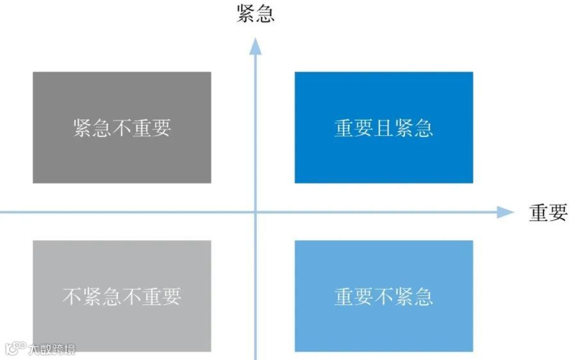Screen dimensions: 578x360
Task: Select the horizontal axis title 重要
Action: tap(548, 213)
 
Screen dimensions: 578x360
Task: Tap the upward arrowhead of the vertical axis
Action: tap(256, 45)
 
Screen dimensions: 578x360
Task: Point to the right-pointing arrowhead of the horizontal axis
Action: tap(506, 213)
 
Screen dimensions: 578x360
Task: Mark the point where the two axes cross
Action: tap(256, 213)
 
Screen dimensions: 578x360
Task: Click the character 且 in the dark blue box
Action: tap(383, 128)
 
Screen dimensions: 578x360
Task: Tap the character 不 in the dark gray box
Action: tap(122, 128)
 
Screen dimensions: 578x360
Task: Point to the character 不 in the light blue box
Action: tap(383, 297)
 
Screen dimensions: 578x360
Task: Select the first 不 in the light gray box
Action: tap(72, 297)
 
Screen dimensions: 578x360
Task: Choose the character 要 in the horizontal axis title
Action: tap(558, 213)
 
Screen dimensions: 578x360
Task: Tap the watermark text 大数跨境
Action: tap(51, 350)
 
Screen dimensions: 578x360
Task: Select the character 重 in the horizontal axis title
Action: tap(538, 213)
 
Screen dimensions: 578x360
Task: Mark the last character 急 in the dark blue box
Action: tap(423, 128)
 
